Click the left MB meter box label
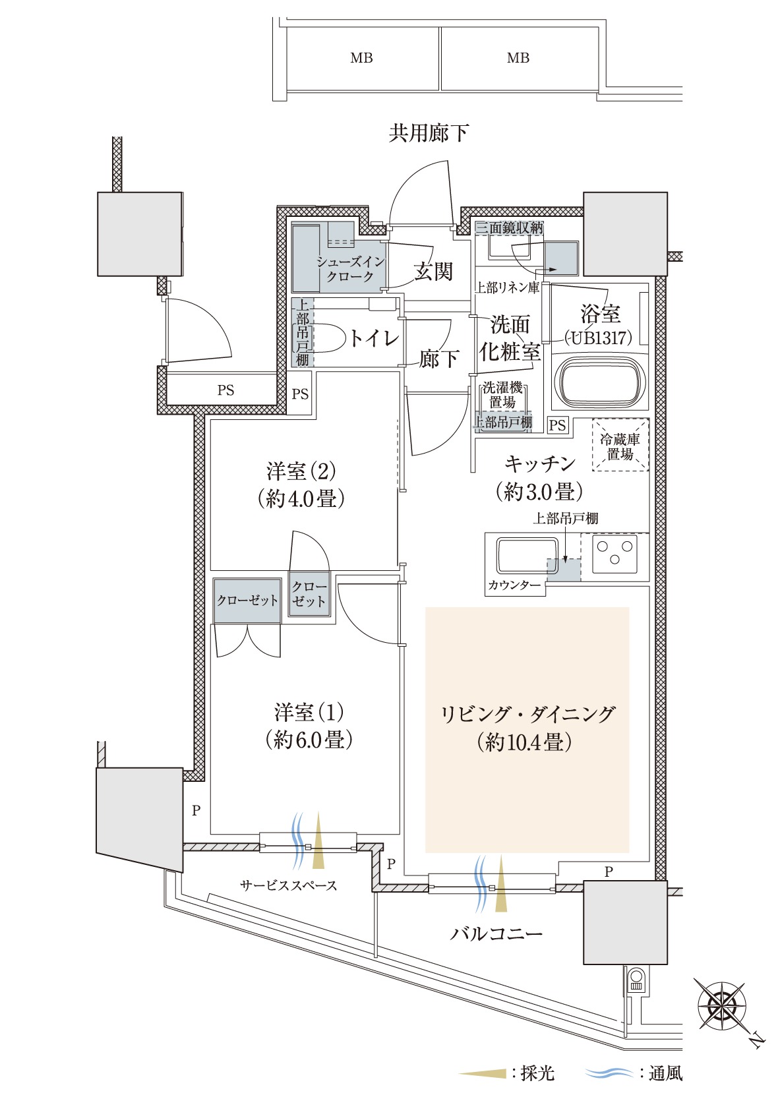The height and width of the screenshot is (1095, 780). (361, 58)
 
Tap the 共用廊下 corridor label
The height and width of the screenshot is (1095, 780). (429, 133)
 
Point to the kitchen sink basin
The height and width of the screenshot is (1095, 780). (527, 555)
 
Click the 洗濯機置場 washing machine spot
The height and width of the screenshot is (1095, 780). (502, 395)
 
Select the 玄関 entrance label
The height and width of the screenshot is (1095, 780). (433, 271)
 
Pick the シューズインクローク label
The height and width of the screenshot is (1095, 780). (350, 269)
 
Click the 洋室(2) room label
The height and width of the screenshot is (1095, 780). (301, 471)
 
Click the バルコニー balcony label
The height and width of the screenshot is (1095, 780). (496, 933)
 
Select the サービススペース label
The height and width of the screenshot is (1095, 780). (289, 885)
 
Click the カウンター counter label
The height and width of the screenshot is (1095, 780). (514, 585)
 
